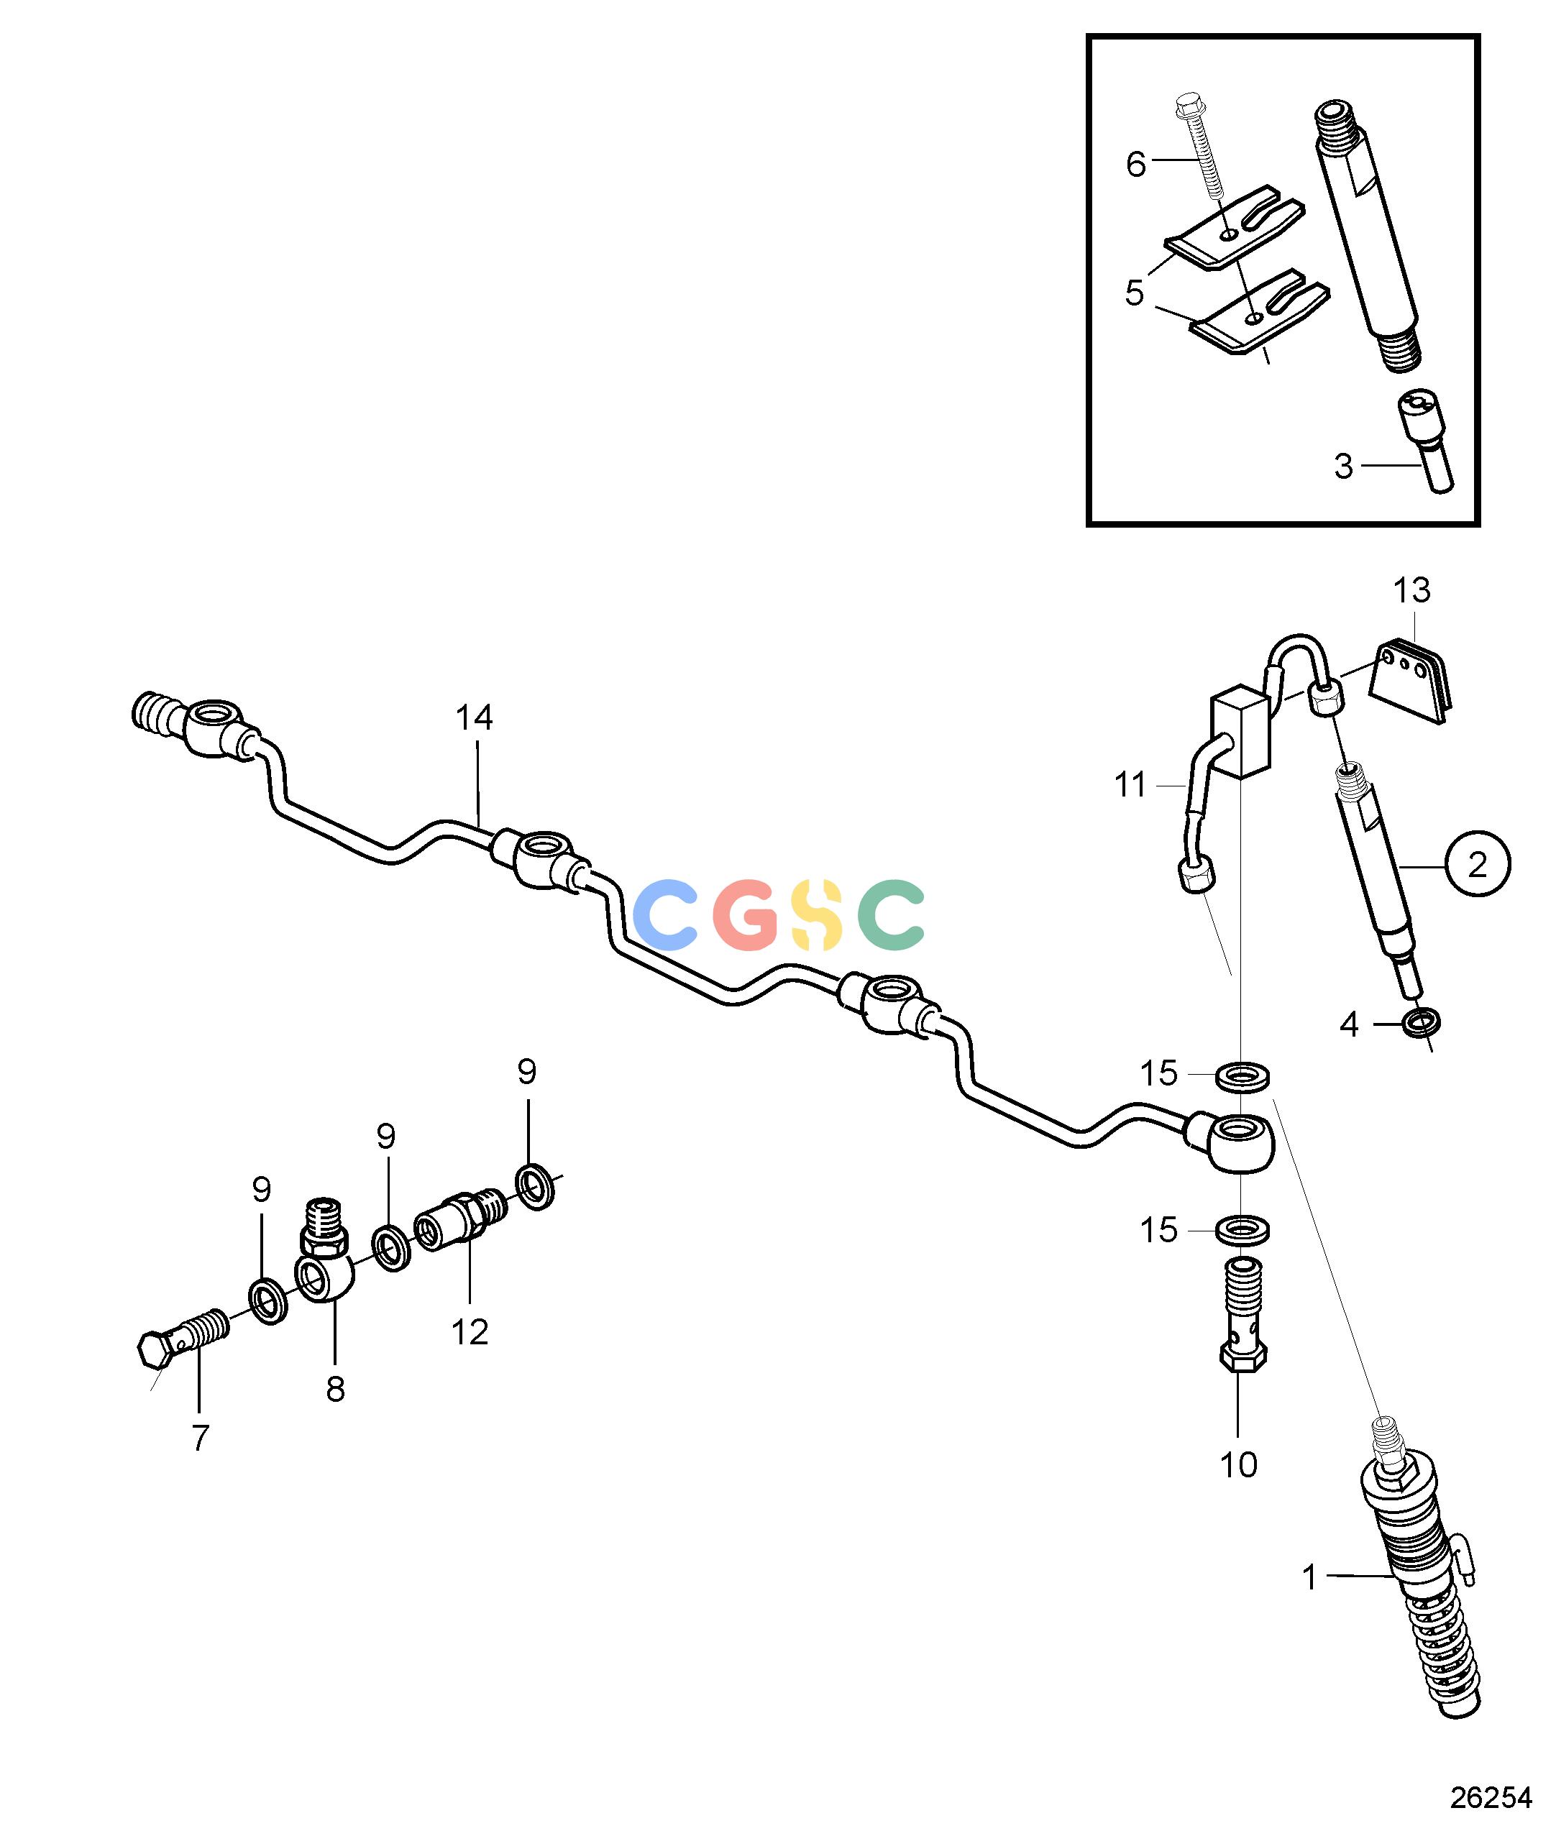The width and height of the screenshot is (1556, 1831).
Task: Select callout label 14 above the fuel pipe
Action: (475, 718)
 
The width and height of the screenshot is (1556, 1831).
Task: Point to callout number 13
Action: (1412, 590)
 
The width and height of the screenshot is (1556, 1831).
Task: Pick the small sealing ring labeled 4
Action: (1422, 1023)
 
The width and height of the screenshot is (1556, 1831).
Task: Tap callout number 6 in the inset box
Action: (1136, 165)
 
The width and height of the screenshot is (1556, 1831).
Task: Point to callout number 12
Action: (470, 1333)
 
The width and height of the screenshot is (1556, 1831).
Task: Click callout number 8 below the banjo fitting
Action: (335, 1390)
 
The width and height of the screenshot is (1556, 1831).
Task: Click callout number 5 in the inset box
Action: (1135, 293)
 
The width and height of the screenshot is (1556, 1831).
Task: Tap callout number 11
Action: (1130, 784)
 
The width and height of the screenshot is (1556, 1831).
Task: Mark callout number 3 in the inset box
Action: (1343, 467)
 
